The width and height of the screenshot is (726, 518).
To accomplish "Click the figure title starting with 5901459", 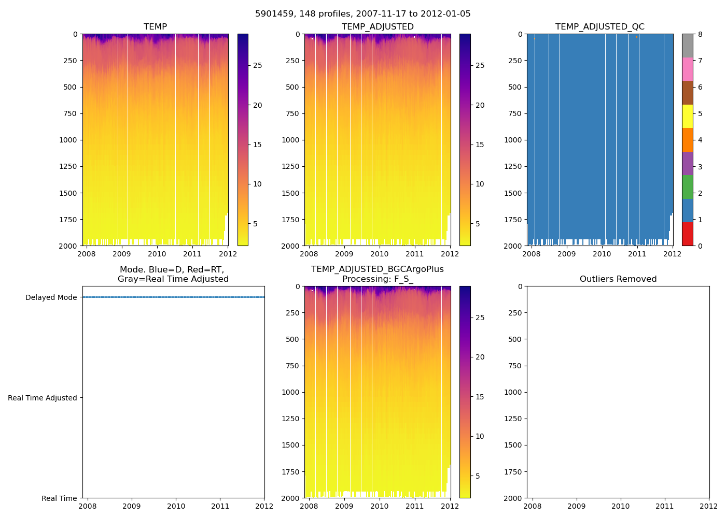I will (x=362, y=14).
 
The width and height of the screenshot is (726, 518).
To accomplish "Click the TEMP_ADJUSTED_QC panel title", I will (x=599, y=27).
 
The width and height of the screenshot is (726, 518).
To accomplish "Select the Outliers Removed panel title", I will (x=618, y=279).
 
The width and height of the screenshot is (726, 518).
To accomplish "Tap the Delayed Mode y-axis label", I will (x=51, y=297).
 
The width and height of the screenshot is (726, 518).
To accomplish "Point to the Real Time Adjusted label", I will (x=42, y=398).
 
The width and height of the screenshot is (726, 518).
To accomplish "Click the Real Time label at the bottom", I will (x=59, y=498).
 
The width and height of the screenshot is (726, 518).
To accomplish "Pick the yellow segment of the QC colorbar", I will (x=687, y=116).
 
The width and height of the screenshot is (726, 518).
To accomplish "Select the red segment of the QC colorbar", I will (x=687, y=234).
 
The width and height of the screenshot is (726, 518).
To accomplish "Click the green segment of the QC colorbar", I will (x=687, y=187).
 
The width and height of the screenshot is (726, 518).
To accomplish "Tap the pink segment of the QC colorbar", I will (x=687, y=69).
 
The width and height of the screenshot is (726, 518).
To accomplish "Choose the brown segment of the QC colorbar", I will (x=687, y=93).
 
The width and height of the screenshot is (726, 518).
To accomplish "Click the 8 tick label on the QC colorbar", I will (x=700, y=34).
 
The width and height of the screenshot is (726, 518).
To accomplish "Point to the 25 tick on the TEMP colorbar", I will (x=257, y=66).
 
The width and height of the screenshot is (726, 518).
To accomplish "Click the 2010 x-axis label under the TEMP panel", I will (x=157, y=254).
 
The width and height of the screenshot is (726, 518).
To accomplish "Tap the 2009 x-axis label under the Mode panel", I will (x=132, y=506).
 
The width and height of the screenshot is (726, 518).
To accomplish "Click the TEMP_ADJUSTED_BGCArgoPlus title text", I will (x=377, y=269).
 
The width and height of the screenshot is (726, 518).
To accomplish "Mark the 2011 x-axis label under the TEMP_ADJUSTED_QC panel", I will (x=637, y=254).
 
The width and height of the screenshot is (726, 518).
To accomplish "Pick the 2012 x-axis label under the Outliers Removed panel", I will (x=709, y=506).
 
